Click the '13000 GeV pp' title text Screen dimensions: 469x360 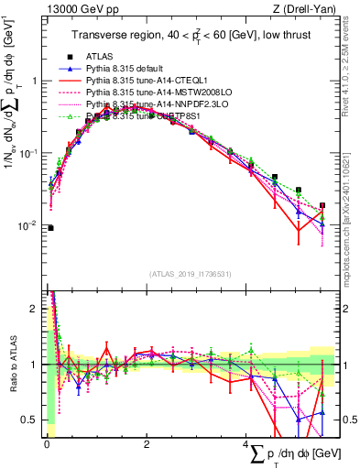(x=75, y=9)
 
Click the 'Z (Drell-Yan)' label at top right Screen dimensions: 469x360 (x=303, y=9)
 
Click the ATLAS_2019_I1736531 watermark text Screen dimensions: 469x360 (x=189, y=273)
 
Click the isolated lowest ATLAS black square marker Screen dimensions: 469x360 (x=50, y=228)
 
